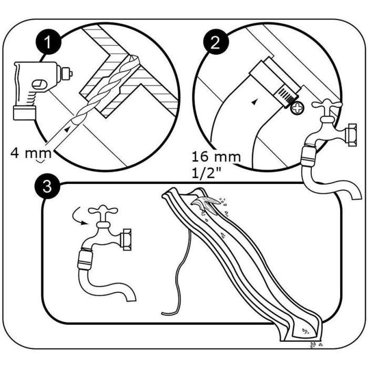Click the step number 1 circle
tap(48, 42)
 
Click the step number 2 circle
tap(216, 42)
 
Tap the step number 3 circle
tap(48, 187)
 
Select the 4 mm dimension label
tap(31, 154)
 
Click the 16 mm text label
tap(216, 157)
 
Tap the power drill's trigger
tap(38, 85)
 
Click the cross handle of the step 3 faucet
tap(103, 210)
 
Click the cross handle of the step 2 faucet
tap(327, 104)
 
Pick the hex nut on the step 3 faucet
tap(126, 239)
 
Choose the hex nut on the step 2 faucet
tap(350, 135)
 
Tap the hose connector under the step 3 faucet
tap(85, 261)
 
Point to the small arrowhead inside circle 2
tap(254, 102)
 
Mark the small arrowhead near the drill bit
tap(67, 129)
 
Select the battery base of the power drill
tap(24, 113)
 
